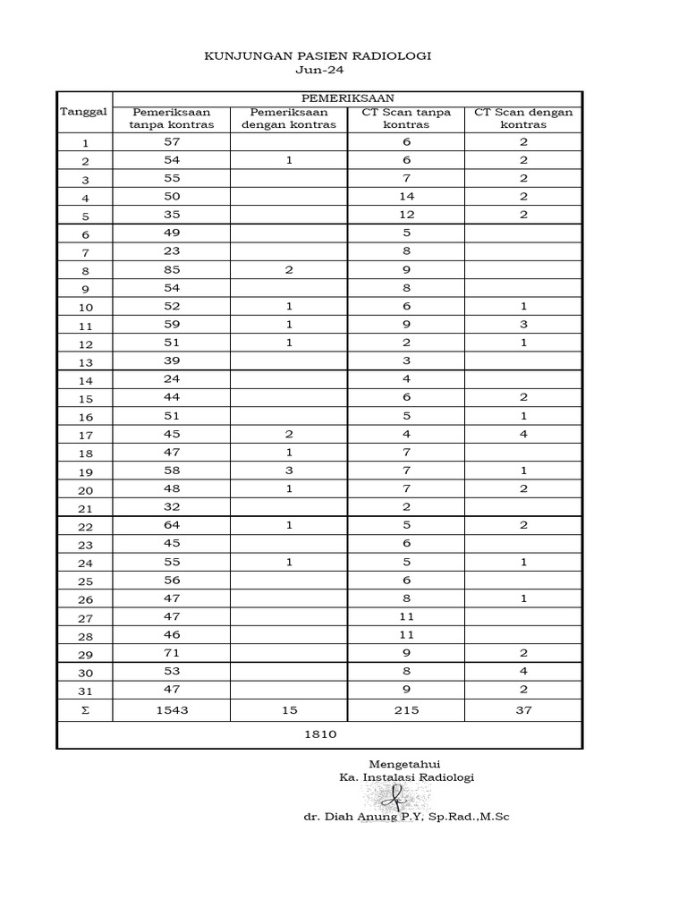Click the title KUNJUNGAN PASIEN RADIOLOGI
(x=318, y=55)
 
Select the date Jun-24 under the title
(x=318, y=71)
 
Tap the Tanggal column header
(x=83, y=111)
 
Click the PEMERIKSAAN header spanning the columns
(x=346, y=98)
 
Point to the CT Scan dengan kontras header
(x=523, y=118)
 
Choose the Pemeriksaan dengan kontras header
(x=289, y=118)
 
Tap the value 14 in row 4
(x=406, y=196)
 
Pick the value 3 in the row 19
(x=289, y=470)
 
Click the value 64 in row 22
(x=173, y=524)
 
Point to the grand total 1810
(x=318, y=734)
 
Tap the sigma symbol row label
(x=85, y=710)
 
